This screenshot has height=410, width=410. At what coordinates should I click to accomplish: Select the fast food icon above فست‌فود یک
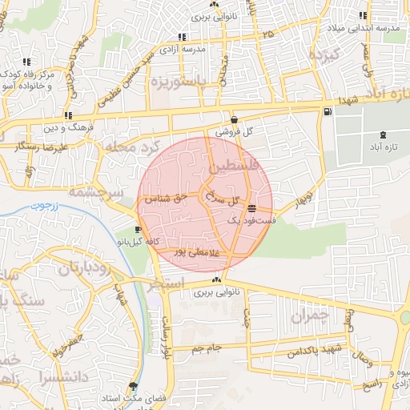click(x=252, y=208)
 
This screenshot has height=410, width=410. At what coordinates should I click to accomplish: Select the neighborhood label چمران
click(x=309, y=316)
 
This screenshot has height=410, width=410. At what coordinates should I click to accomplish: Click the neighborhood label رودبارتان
click(x=82, y=267)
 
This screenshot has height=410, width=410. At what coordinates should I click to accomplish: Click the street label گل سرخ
click(x=223, y=196)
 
